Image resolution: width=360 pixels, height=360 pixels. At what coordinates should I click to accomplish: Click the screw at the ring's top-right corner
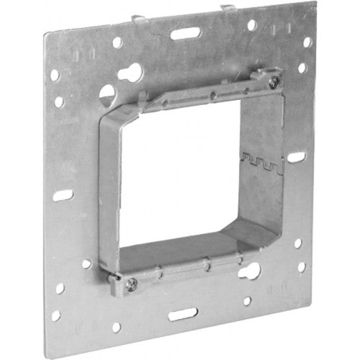tap(273, 82)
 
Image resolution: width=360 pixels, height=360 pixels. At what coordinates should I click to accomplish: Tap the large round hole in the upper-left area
tap(107, 94)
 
